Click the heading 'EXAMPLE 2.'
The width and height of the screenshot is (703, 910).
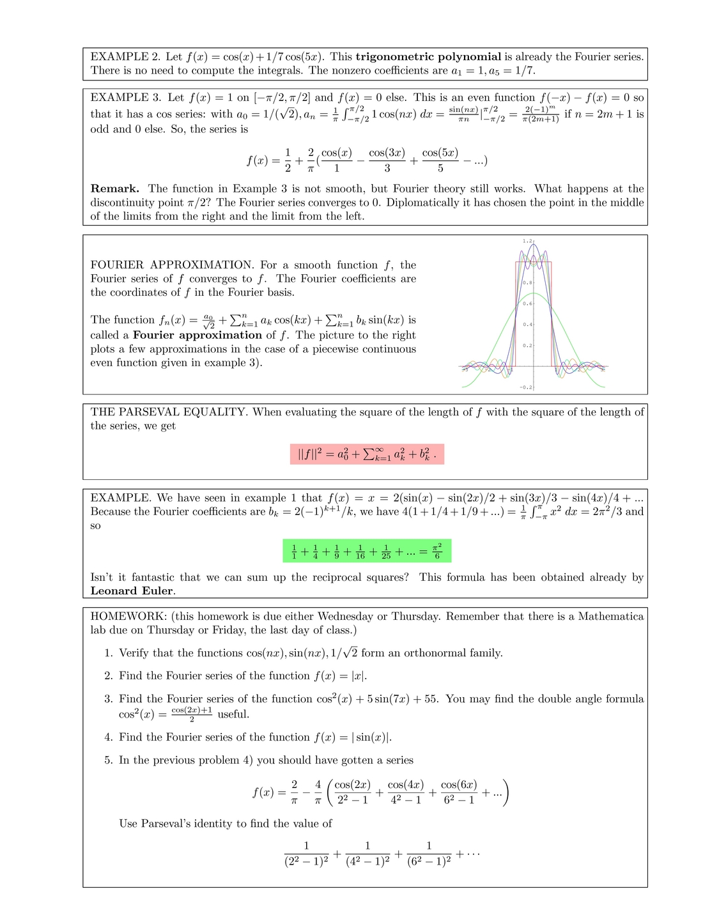(125, 57)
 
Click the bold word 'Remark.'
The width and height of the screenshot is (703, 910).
(115, 189)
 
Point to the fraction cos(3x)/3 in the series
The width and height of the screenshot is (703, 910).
(387, 160)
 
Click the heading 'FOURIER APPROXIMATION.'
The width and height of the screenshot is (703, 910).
(172, 265)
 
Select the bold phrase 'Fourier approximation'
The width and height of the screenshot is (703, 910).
(197, 335)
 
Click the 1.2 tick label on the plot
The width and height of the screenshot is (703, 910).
(527, 241)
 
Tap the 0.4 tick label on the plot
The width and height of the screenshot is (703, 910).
(527, 325)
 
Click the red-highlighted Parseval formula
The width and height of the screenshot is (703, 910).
(367, 454)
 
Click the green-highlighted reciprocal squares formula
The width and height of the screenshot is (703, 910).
(367, 551)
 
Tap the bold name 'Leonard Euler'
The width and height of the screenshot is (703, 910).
(132, 591)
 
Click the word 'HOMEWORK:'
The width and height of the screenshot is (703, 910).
(128, 617)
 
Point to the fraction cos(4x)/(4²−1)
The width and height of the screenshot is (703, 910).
(405, 792)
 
